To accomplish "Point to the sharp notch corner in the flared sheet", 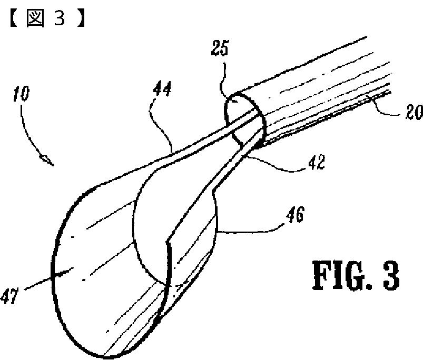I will (x=166, y=243).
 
